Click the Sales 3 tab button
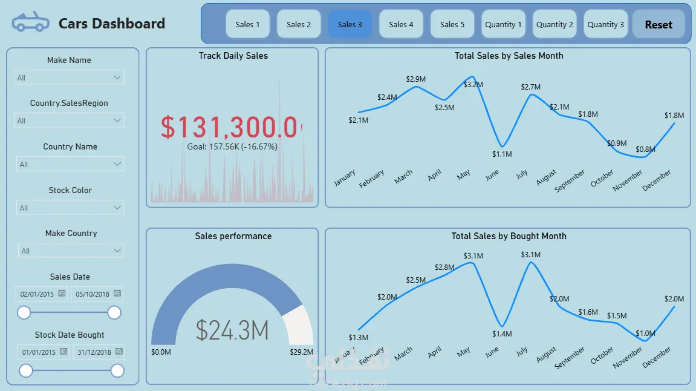[350, 24]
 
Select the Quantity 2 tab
[555, 24]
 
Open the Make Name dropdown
[69, 77]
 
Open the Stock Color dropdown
[70, 208]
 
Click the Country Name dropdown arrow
[117, 164]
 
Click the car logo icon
[31, 23]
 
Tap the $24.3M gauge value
[232, 330]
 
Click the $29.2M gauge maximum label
[302, 352]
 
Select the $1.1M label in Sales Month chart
[502, 154]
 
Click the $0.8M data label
[645, 149]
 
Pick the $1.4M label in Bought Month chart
[502, 333]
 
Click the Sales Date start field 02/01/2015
[37, 294]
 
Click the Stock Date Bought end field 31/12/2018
[94, 352]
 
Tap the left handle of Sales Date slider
[24, 312]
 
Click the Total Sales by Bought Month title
[509, 236]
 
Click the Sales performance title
[233, 236]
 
